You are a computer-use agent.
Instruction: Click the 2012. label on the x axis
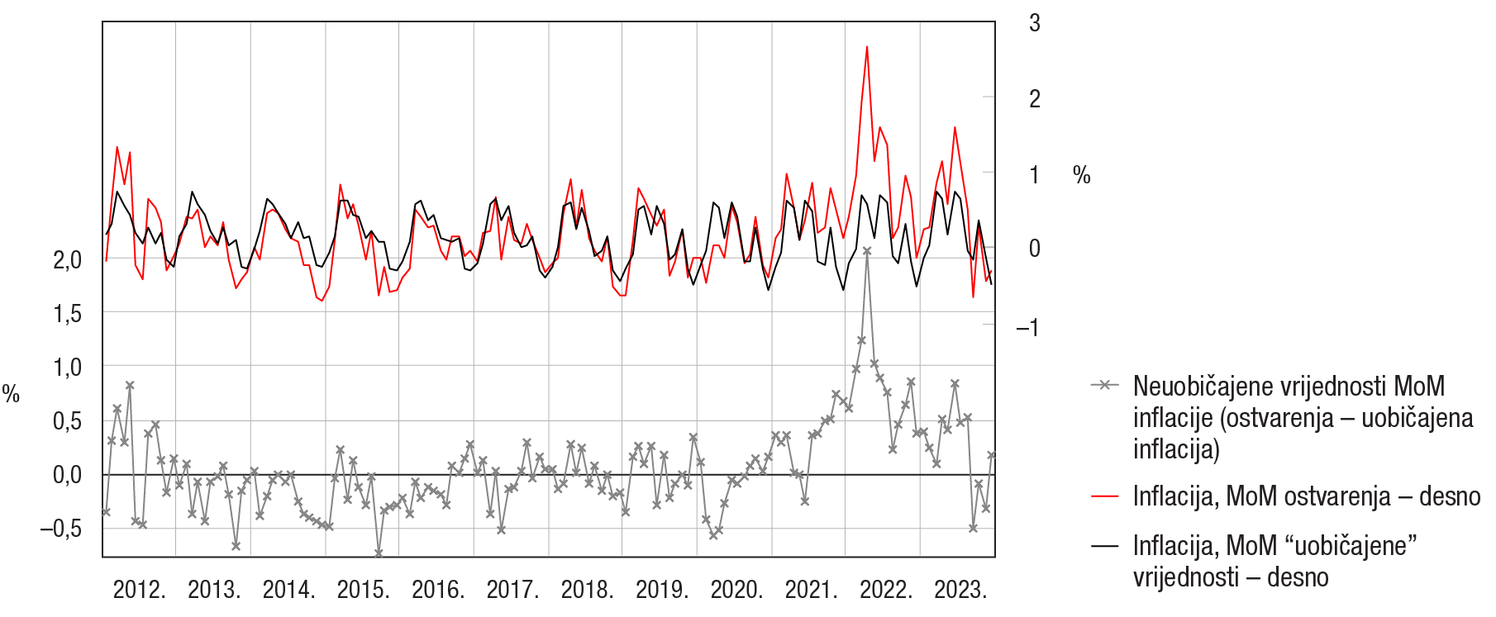139,590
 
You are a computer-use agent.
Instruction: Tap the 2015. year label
363,590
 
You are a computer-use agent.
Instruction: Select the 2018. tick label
587,590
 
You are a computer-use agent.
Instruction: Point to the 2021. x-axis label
811,590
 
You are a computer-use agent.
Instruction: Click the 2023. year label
960,590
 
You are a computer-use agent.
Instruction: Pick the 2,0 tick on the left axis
68,259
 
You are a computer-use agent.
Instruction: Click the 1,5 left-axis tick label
68,313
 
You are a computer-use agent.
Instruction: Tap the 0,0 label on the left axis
68,475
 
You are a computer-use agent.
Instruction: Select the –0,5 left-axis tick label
61,528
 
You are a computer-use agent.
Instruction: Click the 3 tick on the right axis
1034,23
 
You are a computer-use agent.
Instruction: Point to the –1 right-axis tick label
1028,328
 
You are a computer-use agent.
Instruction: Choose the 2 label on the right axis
1034,99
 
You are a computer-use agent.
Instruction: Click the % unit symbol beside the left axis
11,394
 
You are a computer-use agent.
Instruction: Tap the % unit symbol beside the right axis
1081,175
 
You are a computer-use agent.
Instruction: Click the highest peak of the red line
867,47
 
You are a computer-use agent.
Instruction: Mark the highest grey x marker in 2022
867,250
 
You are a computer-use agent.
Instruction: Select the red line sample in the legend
1105,496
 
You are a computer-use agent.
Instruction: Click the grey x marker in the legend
1105,386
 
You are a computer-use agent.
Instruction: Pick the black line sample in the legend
1105,546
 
